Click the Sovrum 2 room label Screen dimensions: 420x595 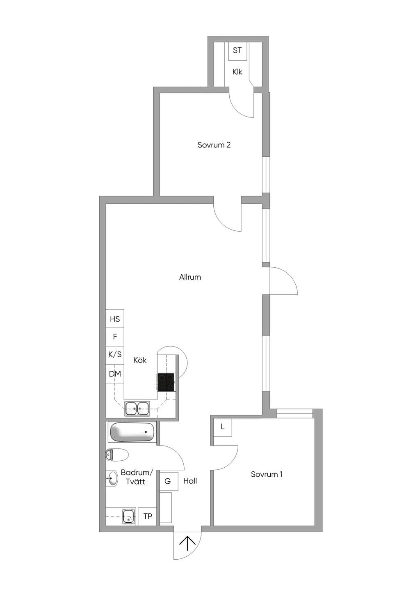click(214, 145)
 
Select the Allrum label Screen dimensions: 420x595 click(190, 277)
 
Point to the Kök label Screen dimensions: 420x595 click(140, 360)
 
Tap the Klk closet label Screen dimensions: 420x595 click(237, 72)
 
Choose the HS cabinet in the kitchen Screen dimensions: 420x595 click(115, 319)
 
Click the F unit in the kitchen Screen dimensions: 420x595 click(115, 337)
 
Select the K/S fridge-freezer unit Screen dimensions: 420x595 click(115, 355)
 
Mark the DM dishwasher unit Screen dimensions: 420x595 click(115, 374)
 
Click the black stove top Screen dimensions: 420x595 click(166, 382)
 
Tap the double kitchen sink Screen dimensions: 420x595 click(137, 408)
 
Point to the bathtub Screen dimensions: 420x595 click(132, 432)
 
